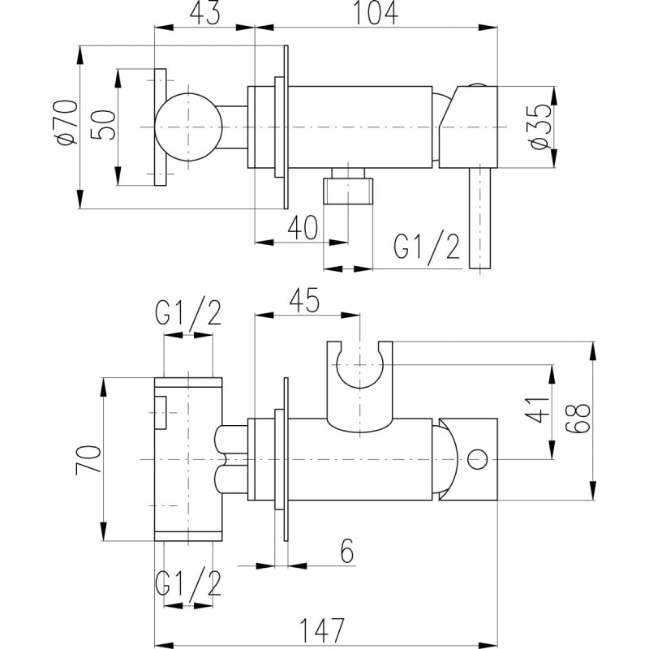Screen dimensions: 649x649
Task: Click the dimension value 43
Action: [204, 13]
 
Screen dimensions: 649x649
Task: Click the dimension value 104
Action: [376, 12]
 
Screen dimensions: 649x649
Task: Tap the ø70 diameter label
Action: [68, 123]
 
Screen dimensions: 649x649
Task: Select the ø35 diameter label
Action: [541, 127]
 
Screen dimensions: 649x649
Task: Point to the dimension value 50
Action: [101, 126]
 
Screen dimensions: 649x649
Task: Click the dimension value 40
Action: [303, 227]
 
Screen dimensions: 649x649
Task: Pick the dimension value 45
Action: [305, 300]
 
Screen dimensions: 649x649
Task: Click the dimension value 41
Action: [537, 410]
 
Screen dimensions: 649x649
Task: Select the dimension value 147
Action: [321, 630]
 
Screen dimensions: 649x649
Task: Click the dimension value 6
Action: [347, 552]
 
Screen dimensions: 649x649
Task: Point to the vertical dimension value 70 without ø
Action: [88, 460]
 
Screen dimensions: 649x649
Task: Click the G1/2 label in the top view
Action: [427, 247]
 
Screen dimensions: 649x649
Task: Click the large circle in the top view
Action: [188, 127]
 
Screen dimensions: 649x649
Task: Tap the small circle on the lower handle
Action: [478, 459]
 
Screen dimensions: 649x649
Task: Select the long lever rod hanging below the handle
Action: [479, 218]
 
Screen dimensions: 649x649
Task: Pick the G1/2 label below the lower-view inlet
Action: [188, 583]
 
